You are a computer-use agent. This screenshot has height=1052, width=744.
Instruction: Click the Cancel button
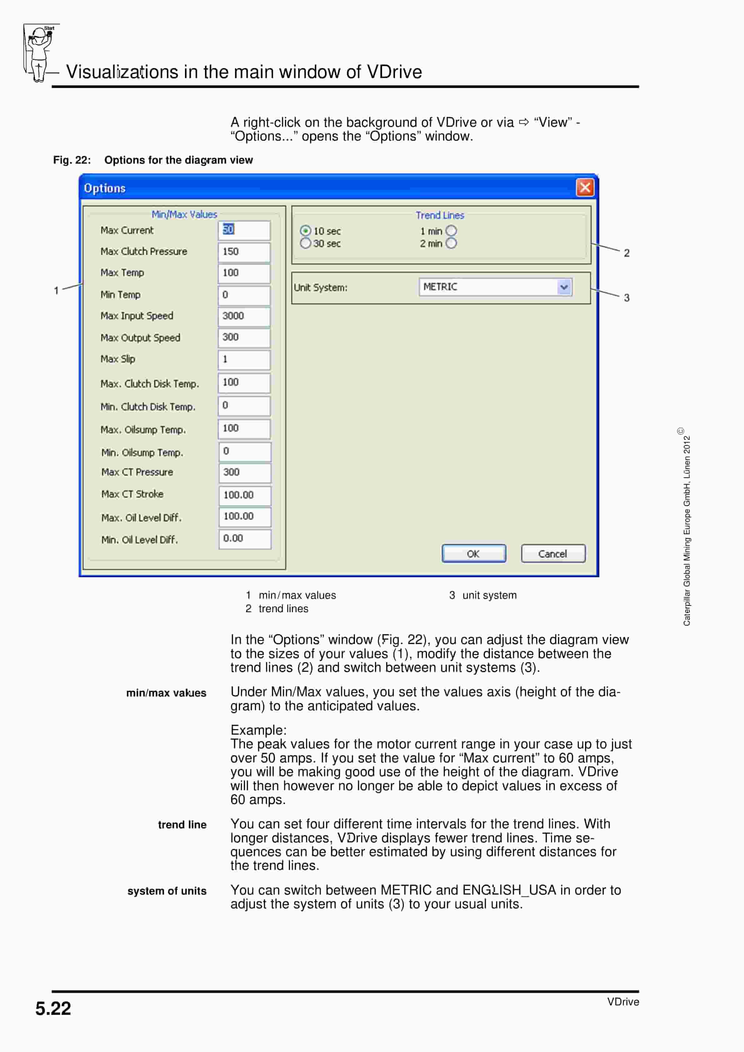553,553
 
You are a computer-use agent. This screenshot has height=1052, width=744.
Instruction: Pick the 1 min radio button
451,231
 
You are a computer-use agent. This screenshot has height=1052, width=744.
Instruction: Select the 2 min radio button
451,243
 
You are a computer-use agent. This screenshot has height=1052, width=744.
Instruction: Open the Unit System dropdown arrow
564,287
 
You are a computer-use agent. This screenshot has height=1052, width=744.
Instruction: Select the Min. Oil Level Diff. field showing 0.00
245,539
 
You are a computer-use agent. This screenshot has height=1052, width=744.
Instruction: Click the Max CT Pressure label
137,472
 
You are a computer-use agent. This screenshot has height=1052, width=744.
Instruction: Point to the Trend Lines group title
440,215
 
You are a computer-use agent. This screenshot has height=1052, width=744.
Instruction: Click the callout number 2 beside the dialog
627,253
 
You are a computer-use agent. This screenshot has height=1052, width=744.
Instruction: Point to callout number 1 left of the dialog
56,290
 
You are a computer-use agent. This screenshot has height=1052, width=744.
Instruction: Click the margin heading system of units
167,891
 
